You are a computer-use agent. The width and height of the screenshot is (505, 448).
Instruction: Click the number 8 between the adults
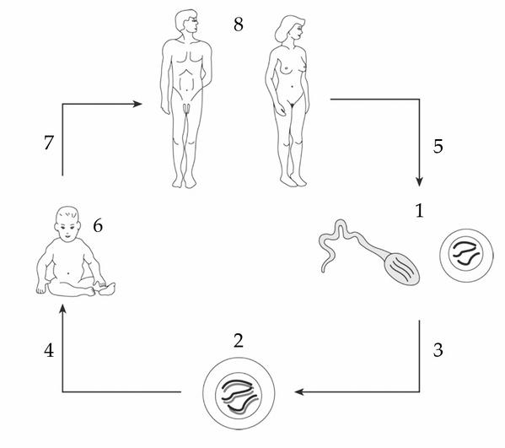(x=239, y=24)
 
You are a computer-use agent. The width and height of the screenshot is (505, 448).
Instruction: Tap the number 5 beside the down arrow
(x=438, y=146)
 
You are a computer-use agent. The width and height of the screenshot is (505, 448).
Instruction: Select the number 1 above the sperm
(x=419, y=211)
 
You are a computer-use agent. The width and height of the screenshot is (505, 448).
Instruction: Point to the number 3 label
(x=438, y=349)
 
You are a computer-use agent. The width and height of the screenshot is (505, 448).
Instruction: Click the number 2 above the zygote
(x=239, y=341)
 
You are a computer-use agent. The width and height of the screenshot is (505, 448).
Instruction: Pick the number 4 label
(x=49, y=350)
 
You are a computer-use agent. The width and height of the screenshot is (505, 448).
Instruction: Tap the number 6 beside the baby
(x=98, y=225)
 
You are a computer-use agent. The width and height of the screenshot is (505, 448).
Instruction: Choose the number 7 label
(x=49, y=143)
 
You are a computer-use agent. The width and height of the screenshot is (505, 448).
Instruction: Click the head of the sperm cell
(x=402, y=269)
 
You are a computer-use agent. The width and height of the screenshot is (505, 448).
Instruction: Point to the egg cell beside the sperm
(x=466, y=256)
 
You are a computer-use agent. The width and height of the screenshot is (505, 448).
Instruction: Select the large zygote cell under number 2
(x=239, y=393)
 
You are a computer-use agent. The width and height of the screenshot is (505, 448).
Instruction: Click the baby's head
(x=67, y=224)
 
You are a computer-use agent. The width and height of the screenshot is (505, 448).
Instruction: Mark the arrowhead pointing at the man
(x=137, y=104)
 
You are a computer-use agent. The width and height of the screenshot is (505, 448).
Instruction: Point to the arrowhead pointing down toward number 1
(x=419, y=181)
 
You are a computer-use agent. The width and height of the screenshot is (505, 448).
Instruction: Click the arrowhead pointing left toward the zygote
(x=299, y=392)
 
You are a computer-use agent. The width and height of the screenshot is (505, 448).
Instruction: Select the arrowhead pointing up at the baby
(x=62, y=309)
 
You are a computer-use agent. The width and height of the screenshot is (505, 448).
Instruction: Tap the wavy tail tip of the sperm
(x=323, y=270)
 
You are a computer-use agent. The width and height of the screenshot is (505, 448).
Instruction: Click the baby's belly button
(x=68, y=273)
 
